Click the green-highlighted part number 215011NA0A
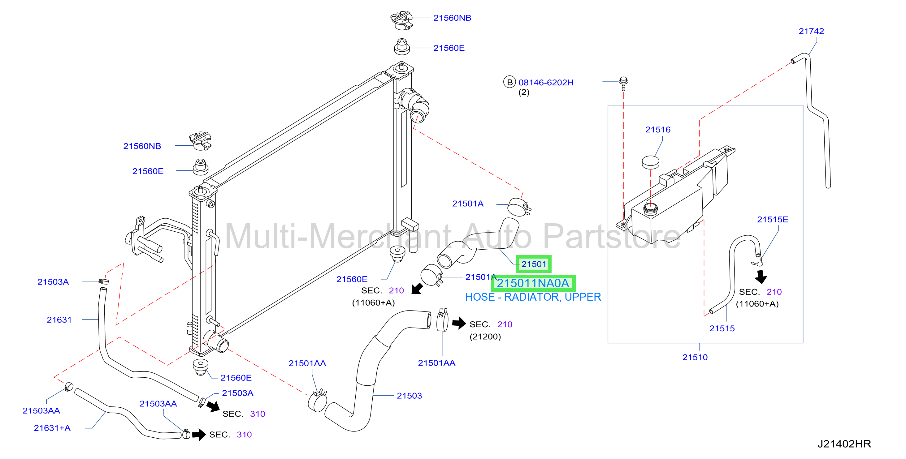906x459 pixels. click(532, 283)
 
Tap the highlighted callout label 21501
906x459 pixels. click(534, 264)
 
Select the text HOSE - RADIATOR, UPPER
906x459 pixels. click(533, 297)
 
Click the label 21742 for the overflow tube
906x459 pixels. click(811, 31)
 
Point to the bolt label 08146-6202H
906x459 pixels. click(546, 83)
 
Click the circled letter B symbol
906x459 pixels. click(509, 82)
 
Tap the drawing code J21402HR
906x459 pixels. click(844, 444)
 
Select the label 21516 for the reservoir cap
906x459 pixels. click(658, 130)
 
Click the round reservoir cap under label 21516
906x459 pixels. click(650, 162)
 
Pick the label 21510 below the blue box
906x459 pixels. click(695, 358)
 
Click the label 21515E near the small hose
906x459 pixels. click(772, 220)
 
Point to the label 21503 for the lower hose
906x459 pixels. click(409, 396)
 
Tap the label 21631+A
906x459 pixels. click(52, 428)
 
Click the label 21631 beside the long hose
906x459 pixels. click(59, 320)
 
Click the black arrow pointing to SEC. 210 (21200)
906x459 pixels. click(459, 323)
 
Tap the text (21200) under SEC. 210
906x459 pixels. click(485, 337)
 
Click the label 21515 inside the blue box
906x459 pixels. click(722, 328)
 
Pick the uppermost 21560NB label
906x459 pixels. click(452, 18)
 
